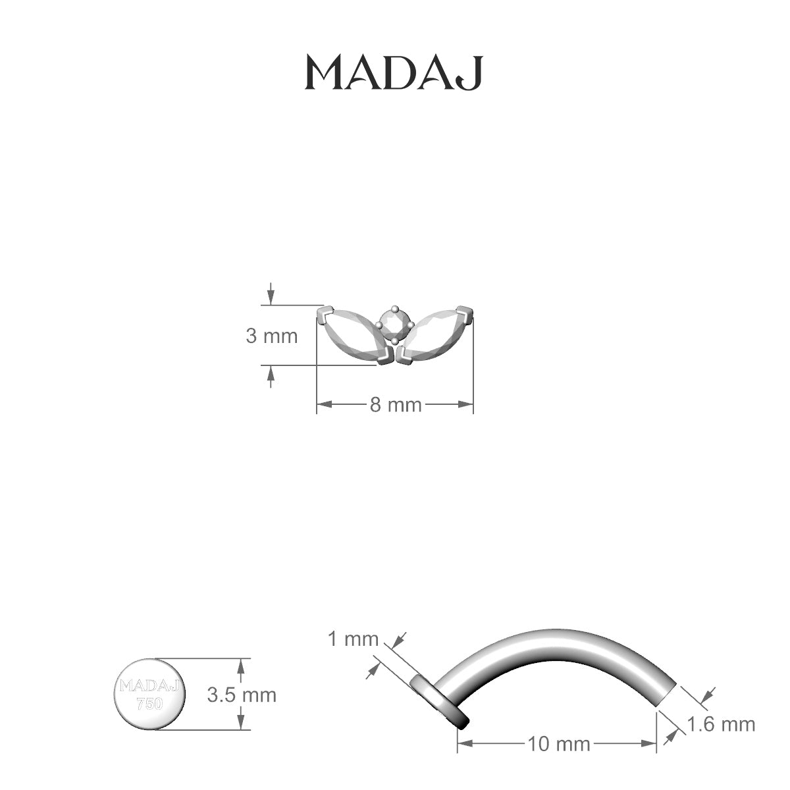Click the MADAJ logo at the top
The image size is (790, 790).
pos(394,72)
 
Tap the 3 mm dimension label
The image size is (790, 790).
pos(271,336)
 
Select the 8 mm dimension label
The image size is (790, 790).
pos(396,405)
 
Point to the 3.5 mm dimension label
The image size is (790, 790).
pos(242,695)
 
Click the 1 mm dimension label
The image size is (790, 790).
pos(353,639)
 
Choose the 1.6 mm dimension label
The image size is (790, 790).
pos(721,724)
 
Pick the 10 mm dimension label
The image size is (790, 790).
pos(559,744)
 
